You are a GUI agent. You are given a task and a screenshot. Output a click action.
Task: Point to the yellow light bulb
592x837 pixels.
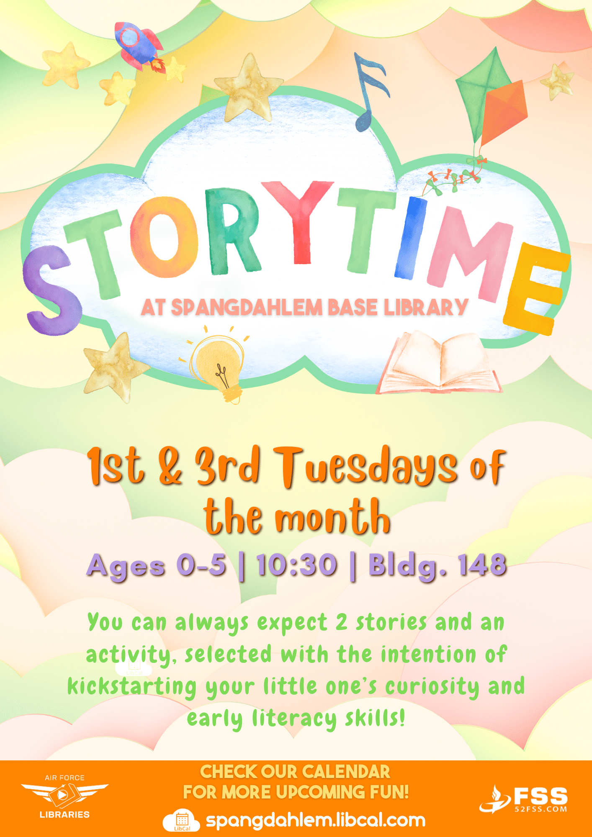[x=219, y=364]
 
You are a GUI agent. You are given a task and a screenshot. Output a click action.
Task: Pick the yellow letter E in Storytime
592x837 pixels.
[x=536, y=289]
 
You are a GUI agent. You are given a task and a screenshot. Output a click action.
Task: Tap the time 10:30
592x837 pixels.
[x=297, y=565]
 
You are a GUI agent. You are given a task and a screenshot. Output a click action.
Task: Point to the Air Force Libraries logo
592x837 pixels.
[x=64, y=796]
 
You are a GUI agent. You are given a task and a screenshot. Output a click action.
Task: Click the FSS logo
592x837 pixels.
[x=524, y=799]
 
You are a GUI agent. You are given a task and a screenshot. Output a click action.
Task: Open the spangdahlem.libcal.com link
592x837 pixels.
[x=316, y=820]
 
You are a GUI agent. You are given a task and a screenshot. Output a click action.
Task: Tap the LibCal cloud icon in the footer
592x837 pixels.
[x=182, y=820]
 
